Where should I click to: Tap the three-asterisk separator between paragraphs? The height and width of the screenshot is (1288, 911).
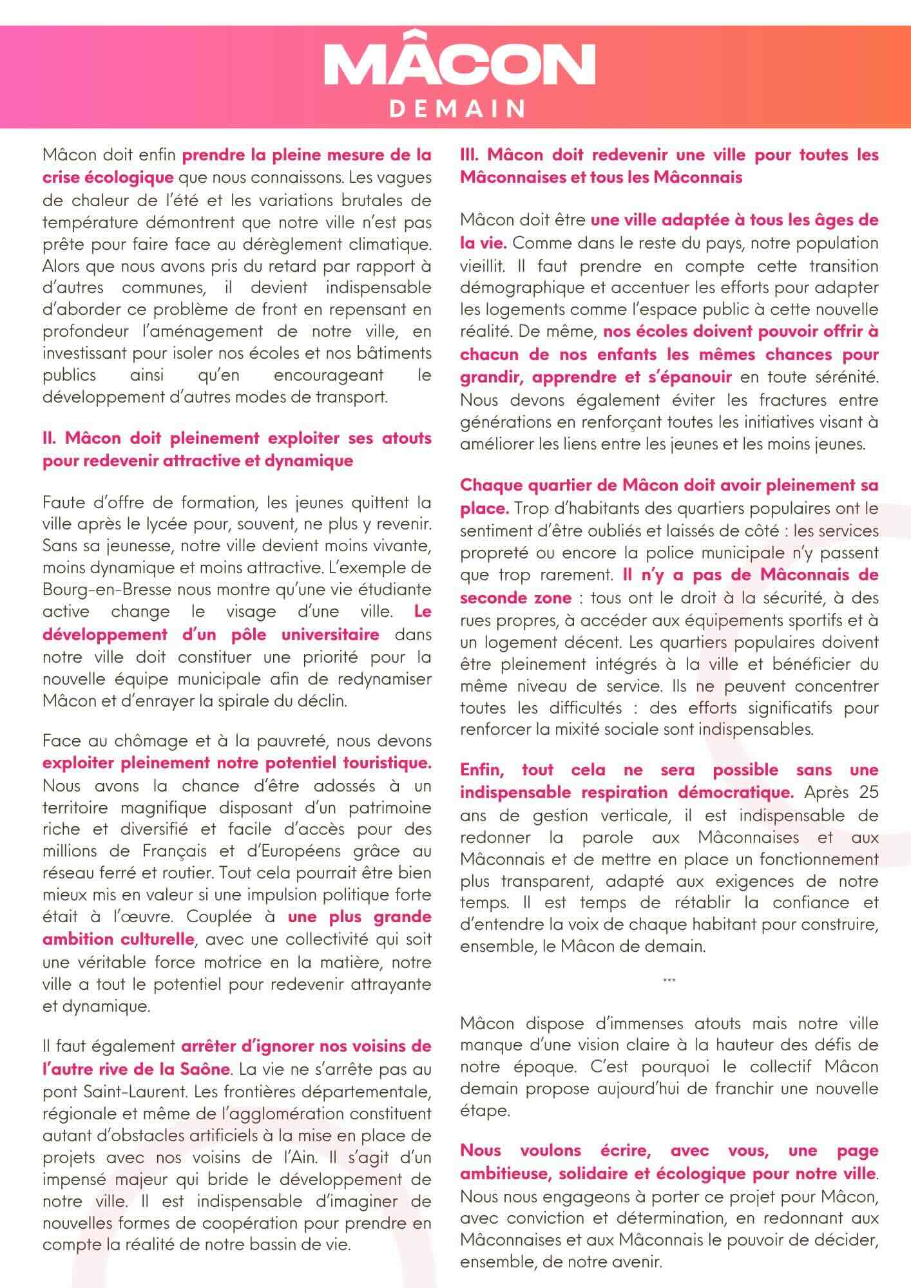coord(669,981)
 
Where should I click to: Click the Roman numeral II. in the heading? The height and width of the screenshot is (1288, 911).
coord(51,439)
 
